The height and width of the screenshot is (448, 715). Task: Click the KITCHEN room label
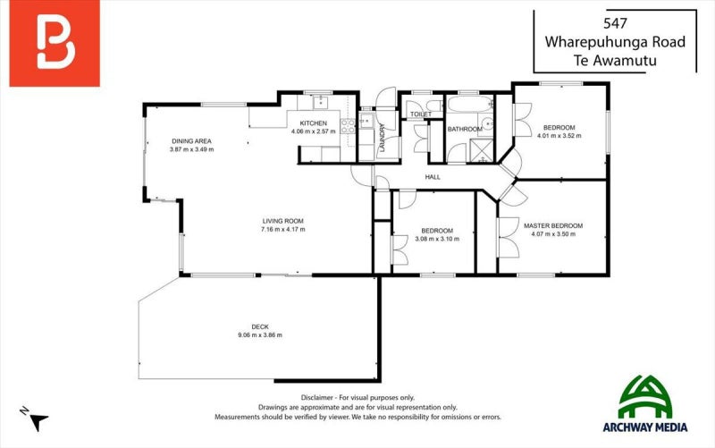point(314,123)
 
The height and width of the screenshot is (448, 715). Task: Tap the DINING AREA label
point(191,141)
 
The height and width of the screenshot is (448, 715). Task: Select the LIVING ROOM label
point(282,221)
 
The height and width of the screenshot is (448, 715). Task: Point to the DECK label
point(260,326)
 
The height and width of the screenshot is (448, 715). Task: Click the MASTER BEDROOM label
point(553,226)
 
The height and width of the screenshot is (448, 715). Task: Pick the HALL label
point(433,177)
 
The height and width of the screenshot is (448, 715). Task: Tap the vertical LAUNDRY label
point(383,138)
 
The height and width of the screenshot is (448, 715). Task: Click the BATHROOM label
point(465,129)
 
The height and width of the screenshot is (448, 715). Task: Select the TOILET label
point(421,114)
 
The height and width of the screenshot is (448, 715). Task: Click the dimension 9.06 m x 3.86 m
point(260,334)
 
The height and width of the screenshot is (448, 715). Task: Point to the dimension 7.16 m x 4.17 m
point(282,229)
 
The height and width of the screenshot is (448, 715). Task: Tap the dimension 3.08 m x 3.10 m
point(437,239)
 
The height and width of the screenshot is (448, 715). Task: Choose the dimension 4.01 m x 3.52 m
point(559,136)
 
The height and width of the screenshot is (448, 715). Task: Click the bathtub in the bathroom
point(469,104)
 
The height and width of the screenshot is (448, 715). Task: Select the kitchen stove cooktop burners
point(348,126)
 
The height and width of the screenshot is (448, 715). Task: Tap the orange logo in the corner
point(55,43)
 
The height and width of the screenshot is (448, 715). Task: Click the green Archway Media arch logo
point(644,397)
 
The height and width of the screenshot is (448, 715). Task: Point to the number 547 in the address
point(615,23)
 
